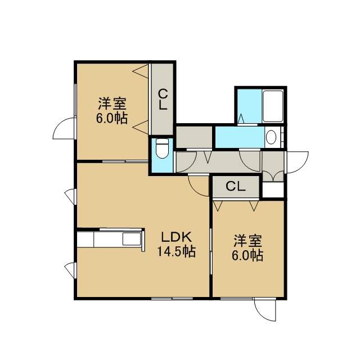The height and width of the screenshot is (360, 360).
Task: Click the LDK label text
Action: [176, 237]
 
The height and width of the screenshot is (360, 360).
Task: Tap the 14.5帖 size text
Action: [176, 251]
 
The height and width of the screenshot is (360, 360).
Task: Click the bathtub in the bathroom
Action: [272, 106]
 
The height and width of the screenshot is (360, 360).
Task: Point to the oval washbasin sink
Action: [271, 137]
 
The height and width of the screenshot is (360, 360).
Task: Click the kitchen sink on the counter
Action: [132, 240]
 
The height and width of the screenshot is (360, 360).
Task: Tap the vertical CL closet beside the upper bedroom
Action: [163, 99]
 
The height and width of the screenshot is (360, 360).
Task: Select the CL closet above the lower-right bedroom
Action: [236, 186]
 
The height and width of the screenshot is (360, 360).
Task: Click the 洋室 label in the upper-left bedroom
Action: [112, 103]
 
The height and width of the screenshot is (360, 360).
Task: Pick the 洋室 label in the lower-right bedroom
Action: [247, 241]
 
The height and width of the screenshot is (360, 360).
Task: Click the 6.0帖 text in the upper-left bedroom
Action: [112, 118]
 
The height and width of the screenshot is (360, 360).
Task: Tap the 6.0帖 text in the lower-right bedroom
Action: [247, 255]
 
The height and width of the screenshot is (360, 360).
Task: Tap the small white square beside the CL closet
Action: [273, 190]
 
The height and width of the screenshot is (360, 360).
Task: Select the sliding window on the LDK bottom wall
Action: [172, 299]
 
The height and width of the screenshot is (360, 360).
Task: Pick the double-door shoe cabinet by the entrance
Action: [273, 166]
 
